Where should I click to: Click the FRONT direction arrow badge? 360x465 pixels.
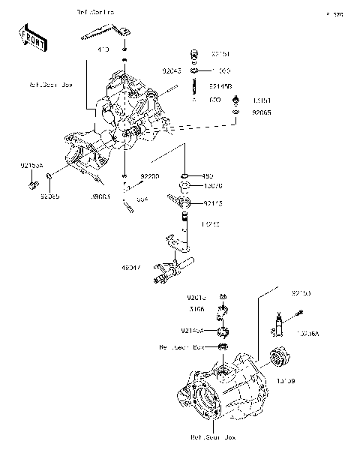[30, 37]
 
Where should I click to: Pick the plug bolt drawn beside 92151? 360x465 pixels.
[195, 54]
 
